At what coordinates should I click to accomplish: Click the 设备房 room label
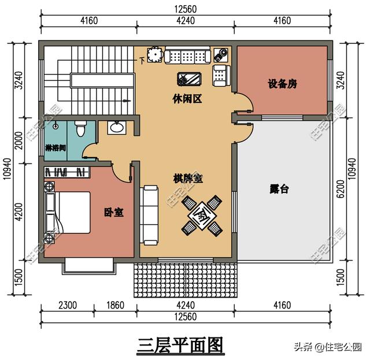pyautogui.click(x=282, y=84)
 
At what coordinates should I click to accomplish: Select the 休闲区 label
pyautogui.click(x=187, y=99)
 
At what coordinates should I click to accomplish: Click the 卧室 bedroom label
pyautogui.click(x=113, y=212)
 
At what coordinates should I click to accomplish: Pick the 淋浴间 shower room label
pyautogui.click(x=55, y=148)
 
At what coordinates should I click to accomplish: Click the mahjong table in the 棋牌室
pyautogui.click(x=201, y=214)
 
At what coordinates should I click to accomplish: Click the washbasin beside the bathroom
pyautogui.click(x=117, y=128)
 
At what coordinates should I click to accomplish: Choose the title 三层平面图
pyautogui.click(x=180, y=345)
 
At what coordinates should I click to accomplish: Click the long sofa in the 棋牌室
pyautogui.click(x=150, y=213)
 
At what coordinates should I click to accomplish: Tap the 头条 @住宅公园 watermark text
pyautogui.click(x=327, y=347)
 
